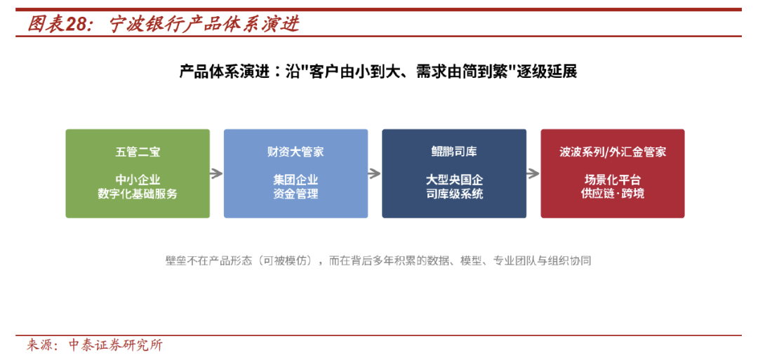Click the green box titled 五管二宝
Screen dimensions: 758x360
[x=138, y=173]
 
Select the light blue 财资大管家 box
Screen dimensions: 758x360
[x=296, y=173]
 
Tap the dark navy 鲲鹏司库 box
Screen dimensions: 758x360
[x=454, y=173]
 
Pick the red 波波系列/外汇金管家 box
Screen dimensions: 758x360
[x=613, y=173]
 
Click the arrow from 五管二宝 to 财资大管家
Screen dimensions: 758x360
[x=217, y=173]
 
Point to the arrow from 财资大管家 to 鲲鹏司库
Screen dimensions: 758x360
[x=375, y=173]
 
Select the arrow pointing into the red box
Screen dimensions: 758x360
[x=533, y=173]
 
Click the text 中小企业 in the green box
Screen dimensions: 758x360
[x=138, y=180]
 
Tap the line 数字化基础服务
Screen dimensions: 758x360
[x=138, y=194]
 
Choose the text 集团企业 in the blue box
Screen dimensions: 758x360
[x=296, y=180]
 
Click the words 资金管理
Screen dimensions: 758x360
[x=296, y=194]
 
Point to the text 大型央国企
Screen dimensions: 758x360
[x=454, y=180]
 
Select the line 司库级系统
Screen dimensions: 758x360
[x=454, y=194]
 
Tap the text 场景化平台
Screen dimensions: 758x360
[x=613, y=180]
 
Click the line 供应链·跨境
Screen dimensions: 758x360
[x=613, y=194]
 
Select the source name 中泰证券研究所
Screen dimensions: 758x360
[x=116, y=345]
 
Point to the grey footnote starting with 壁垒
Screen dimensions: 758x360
[x=378, y=261]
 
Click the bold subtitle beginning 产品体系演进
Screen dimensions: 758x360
[x=378, y=72]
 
